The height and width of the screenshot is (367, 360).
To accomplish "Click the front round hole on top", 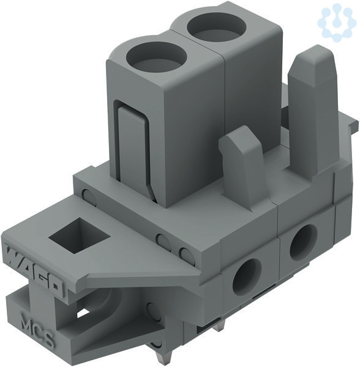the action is [156, 58].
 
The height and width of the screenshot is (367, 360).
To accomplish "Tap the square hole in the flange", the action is [80, 235].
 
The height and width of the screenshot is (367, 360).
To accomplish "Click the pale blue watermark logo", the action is [336, 23].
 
